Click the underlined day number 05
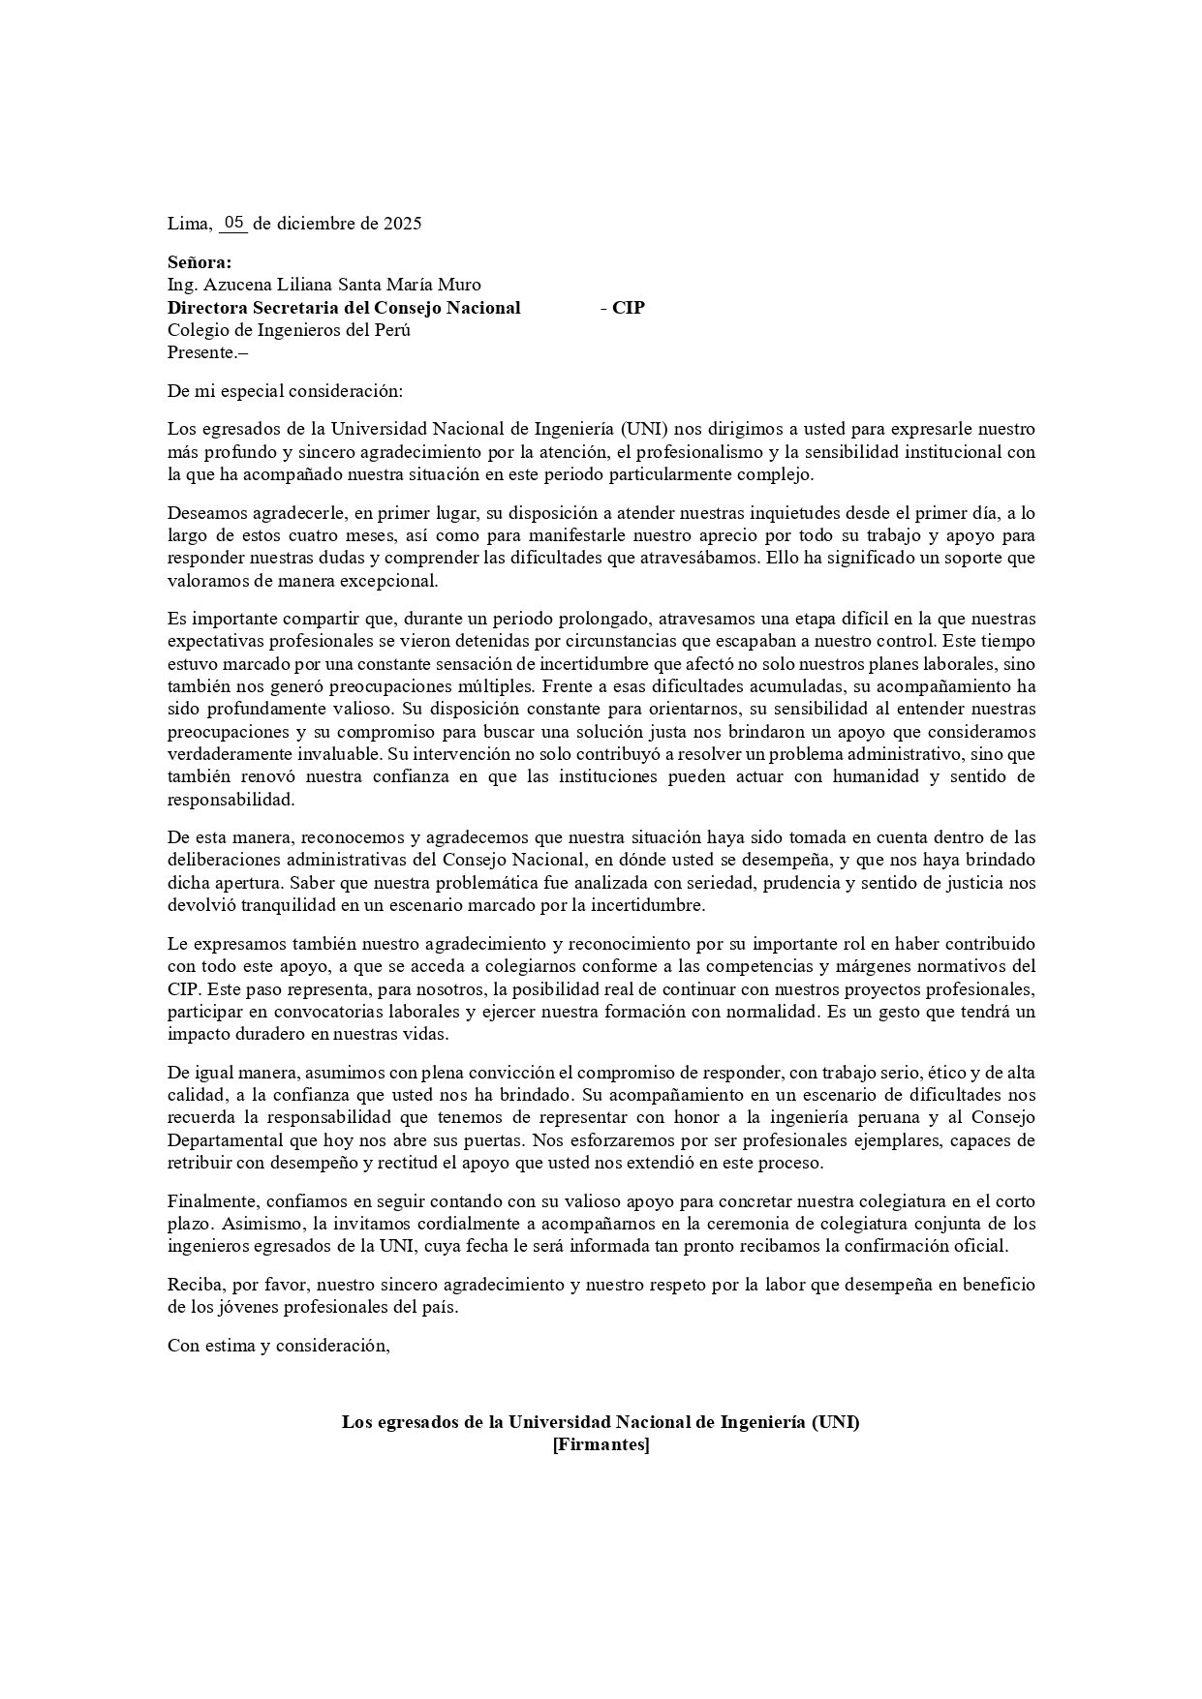tap(233, 223)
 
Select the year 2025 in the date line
tap(402, 224)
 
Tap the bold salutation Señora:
tap(200, 262)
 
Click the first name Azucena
tap(234, 285)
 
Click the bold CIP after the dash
tap(629, 308)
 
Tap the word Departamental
tap(223, 1140)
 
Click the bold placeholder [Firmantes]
tap(601, 1445)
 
